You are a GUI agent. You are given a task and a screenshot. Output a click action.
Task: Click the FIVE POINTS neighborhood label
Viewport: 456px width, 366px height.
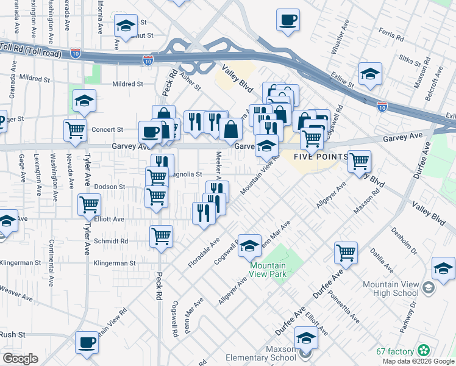(320, 157)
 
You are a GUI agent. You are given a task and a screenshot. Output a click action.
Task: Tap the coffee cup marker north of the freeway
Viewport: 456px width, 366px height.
(288, 20)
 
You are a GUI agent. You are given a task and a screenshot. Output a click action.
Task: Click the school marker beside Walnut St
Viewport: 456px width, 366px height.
(126, 26)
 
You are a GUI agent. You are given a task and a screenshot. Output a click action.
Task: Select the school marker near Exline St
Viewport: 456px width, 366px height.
(370, 73)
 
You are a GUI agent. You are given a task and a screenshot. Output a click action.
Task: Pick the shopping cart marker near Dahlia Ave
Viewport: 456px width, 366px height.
(346, 251)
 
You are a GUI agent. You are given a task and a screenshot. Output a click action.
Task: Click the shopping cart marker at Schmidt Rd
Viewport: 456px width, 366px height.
(161, 235)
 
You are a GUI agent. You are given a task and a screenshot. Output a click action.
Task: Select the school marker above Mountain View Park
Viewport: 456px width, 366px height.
(249, 245)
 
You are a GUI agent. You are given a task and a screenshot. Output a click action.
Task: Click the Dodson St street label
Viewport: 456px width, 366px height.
(110, 187)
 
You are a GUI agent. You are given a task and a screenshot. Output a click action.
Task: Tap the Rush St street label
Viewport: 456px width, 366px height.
(12, 335)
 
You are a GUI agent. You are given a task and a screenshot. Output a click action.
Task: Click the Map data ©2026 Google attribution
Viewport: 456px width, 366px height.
(418, 361)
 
